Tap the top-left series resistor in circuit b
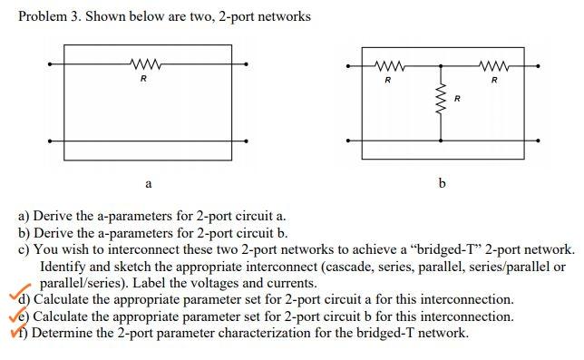pyautogui.click(x=388, y=65)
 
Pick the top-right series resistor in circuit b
pyautogui.click(x=493, y=65)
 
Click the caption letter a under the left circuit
pyautogui.click(x=147, y=184)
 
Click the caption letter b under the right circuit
pyautogui.click(x=442, y=184)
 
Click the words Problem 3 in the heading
pyautogui.click(x=46, y=16)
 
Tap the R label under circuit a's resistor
pyautogui.click(x=143, y=79)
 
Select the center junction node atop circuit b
pyautogui.click(x=441, y=65)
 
